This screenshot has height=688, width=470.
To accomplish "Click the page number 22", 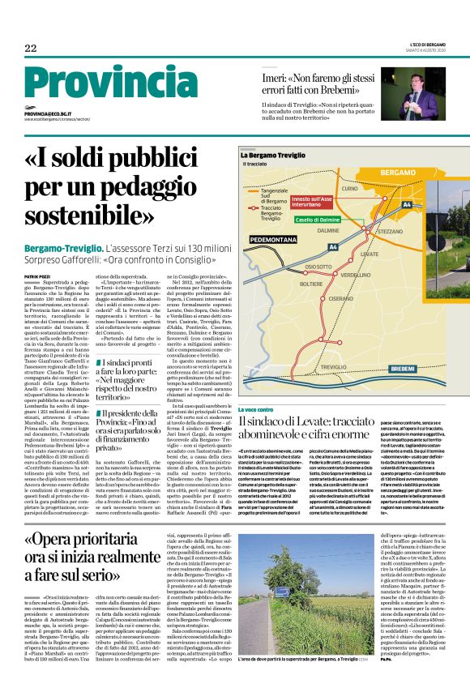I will click(31, 49).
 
